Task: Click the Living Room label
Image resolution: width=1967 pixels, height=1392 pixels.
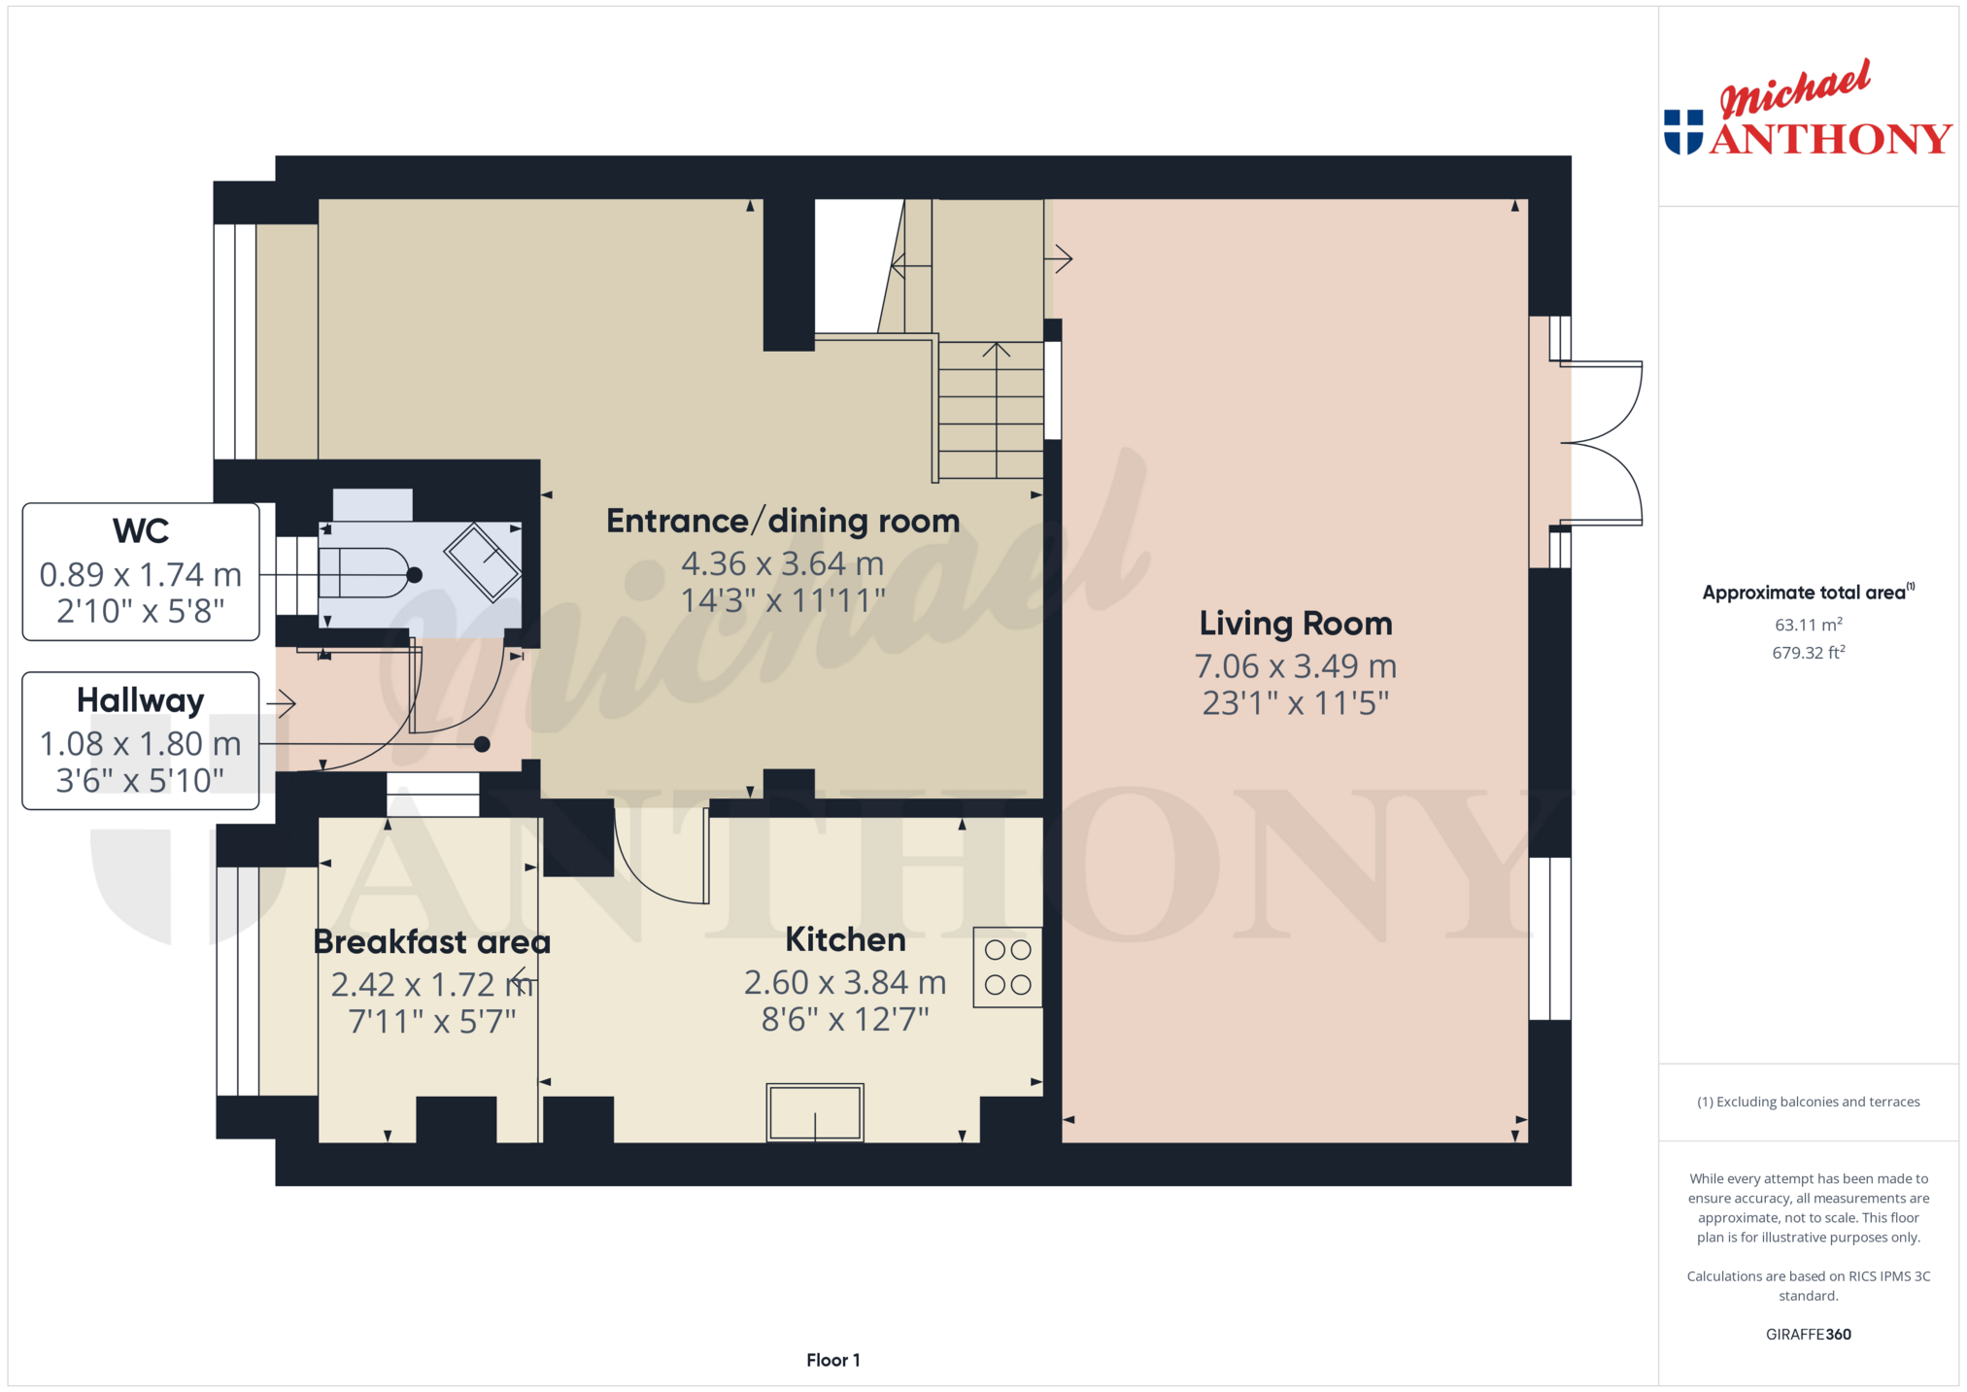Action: tap(1295, 624)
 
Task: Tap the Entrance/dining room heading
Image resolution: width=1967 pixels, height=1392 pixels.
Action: tap(783, 522)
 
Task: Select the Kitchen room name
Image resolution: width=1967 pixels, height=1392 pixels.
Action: tap(845, 939)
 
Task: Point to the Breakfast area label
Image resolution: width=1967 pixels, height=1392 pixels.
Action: tap(431, 941)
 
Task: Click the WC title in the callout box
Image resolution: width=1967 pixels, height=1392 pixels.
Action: tap(141, 531)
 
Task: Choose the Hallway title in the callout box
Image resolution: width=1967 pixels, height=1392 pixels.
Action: tap(141, 700)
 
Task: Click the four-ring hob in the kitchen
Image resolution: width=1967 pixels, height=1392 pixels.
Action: tap(1007, 967)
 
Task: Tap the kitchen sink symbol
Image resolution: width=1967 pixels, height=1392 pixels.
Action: tap(815, 1112)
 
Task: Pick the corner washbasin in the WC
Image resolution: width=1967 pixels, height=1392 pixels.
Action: tap(483, 561)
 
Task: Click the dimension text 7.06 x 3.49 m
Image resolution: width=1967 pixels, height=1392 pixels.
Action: tap(1295, 666)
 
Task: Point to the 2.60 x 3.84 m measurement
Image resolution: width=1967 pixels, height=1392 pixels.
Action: tap(845, 983)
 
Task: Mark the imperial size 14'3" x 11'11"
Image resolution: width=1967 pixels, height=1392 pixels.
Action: tap(783, 600)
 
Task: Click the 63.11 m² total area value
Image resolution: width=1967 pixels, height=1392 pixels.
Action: tap(1808, 625)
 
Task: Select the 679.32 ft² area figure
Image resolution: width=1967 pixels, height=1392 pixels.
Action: tap(1808, 653)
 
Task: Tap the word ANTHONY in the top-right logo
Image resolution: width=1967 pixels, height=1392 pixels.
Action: tap(1830, 139)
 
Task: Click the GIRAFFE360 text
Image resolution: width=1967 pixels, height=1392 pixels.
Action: tap(1808, 1334)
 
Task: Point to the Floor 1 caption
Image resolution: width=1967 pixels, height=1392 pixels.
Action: tap(833, 1360)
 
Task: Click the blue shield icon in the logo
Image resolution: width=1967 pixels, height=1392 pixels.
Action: tap(1683, 132)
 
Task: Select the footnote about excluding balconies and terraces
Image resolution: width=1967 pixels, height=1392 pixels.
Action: tap(1808, 1102)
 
